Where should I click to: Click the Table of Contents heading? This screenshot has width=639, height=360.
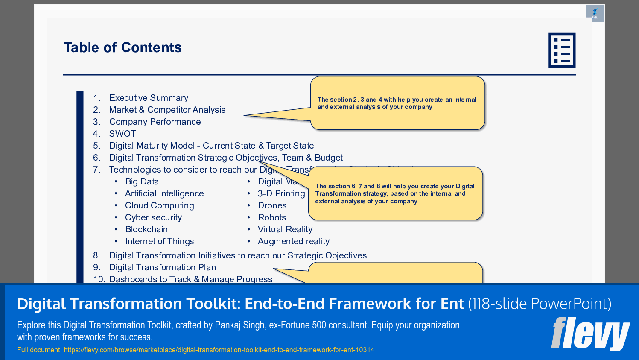tap(123, 47)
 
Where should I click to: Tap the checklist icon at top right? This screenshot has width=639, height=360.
tap(561, 50)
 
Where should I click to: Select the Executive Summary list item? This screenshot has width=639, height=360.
tap(149, 98)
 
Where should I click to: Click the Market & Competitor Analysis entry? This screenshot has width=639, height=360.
tap(167, 110)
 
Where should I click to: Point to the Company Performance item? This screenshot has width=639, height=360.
tap(155, 122)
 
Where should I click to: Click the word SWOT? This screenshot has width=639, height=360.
tap(123, 134)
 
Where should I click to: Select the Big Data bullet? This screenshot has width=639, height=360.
tap(142, 181)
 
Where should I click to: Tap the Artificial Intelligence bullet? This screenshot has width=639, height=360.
tap(164, 193)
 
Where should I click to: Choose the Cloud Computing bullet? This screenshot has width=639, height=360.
tap(159, 205)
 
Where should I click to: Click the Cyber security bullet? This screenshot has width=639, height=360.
tap(153, 217)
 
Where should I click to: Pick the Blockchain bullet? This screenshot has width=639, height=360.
tap(146, 229)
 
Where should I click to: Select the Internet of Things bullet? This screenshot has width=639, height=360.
tap(159, 241)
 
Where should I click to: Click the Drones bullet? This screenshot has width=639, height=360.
tap(272, 205)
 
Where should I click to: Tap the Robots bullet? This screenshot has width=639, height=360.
tap(272, 217)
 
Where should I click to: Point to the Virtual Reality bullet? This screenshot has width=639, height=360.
tap(285, 229)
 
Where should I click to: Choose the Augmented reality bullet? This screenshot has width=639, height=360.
tap(294, 241)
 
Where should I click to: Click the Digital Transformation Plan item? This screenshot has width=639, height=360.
tap(163, 267)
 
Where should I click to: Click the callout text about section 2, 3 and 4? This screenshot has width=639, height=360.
tap(397, 103)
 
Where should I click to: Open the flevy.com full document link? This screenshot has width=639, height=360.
tap(219, 350)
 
